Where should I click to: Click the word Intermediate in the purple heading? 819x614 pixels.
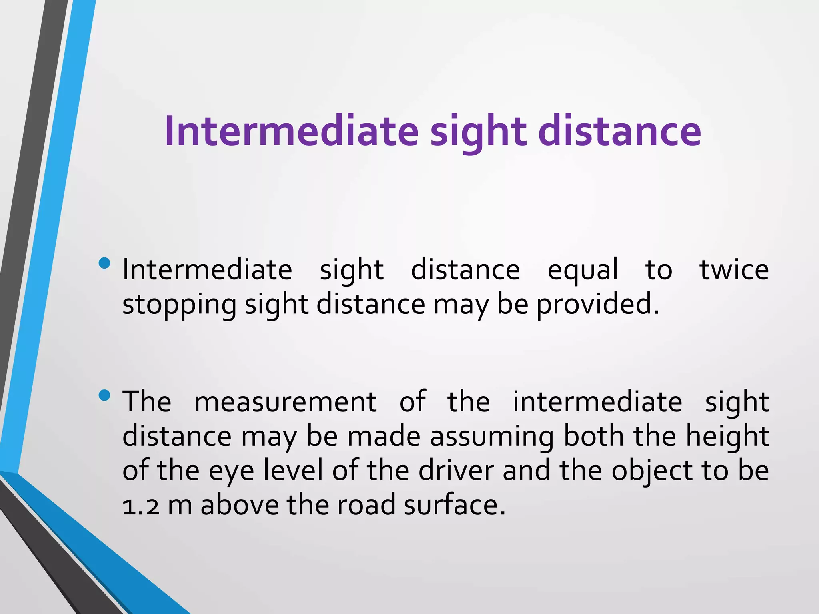click(291, 131)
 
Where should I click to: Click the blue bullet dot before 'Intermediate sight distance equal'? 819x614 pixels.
click(104, 263)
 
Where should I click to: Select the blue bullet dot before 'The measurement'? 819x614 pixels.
click(104, 395)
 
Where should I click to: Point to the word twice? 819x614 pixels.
click(734, 270)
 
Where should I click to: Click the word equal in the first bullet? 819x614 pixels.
click(583, 270)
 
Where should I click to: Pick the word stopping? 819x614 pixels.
click(179, 305)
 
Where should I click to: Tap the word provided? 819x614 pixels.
click(597, 305)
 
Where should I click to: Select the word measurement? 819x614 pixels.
click(285, 402)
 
